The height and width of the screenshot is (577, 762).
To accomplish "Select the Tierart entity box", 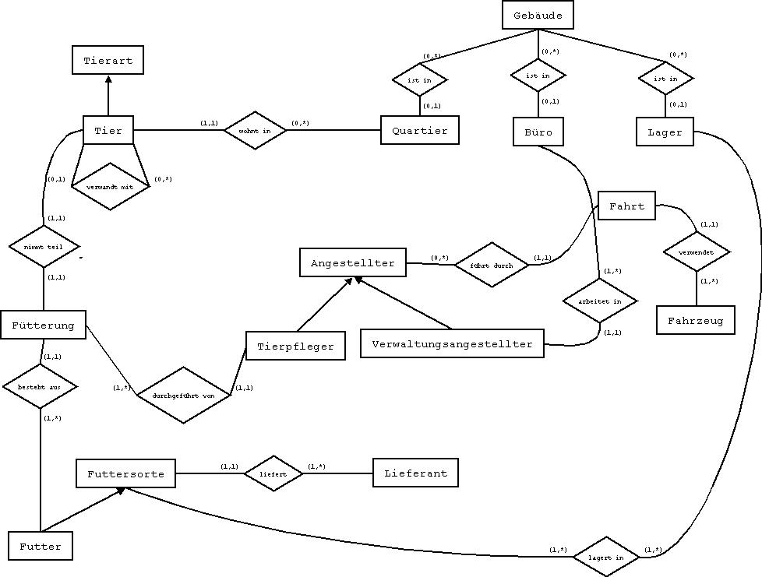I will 108,60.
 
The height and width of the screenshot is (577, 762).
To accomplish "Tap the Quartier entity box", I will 420,131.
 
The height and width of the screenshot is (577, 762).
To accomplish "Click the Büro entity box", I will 538,132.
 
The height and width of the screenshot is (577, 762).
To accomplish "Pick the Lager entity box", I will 665,132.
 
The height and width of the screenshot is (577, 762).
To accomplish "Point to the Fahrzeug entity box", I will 696,320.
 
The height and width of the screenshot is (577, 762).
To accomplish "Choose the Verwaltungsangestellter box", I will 452,343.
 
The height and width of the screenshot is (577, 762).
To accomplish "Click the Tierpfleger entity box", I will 295,347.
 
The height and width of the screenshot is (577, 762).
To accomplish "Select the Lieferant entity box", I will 415,473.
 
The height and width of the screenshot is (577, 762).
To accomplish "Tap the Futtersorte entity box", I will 125,473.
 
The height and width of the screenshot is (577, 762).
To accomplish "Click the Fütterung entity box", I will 43,325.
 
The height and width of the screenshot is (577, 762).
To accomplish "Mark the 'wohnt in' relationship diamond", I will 256,131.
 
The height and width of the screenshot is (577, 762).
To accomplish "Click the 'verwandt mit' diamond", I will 109,187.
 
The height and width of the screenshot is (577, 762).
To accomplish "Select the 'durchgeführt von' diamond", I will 184,395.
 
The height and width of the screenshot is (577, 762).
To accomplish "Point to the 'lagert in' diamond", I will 605,557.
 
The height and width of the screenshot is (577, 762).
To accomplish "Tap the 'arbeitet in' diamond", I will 599,301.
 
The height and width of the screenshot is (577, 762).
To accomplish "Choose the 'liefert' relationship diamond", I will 273,473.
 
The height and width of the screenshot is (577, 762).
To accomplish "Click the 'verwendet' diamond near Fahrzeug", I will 696,252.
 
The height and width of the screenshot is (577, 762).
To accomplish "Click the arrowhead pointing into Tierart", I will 108,79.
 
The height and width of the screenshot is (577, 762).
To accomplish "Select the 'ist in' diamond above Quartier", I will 420,79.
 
